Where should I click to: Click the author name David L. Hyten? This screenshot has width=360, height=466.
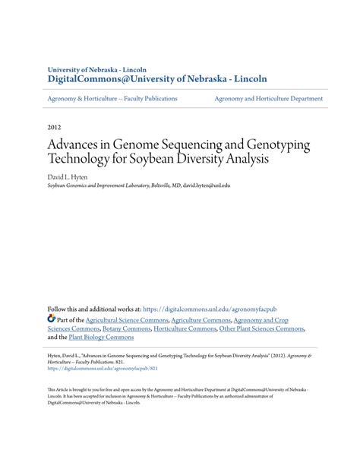pyautogui.click(x=68, y=176)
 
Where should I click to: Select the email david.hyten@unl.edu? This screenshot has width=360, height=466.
pyautogui.click(x=206, y=185)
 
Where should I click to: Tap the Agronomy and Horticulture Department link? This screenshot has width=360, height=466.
pyautogui.click(x=268, y=98)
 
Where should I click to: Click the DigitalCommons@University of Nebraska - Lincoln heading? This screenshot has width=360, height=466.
pyautogui.click(x=157, y=78)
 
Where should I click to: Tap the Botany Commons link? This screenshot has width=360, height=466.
pyautogui.click(x=125, y=329)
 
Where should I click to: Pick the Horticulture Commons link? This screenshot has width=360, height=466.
pyautogui.click(x=185, y=329)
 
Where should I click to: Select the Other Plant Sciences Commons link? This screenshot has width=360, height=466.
pyautogui.click(x=262, y=329)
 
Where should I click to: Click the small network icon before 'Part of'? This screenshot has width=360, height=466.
pyautogui.click(x=52, y=320)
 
